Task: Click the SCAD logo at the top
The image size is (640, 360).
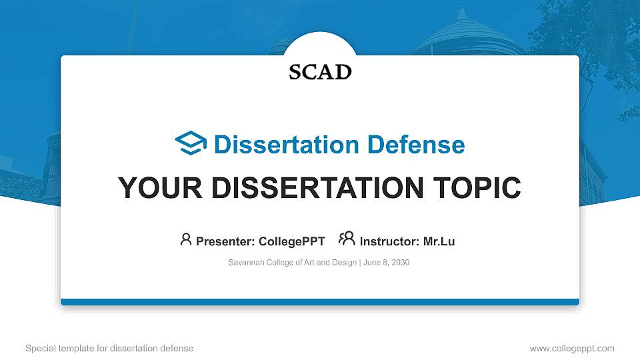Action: [320, 72]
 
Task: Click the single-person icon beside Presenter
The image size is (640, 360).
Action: [186, 239]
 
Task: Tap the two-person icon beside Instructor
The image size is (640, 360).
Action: [347, 239]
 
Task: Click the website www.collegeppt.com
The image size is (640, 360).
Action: [572, 348]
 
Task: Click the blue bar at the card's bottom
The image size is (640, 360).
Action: [320, 302]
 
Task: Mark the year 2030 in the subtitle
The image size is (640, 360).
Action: [400, 263]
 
